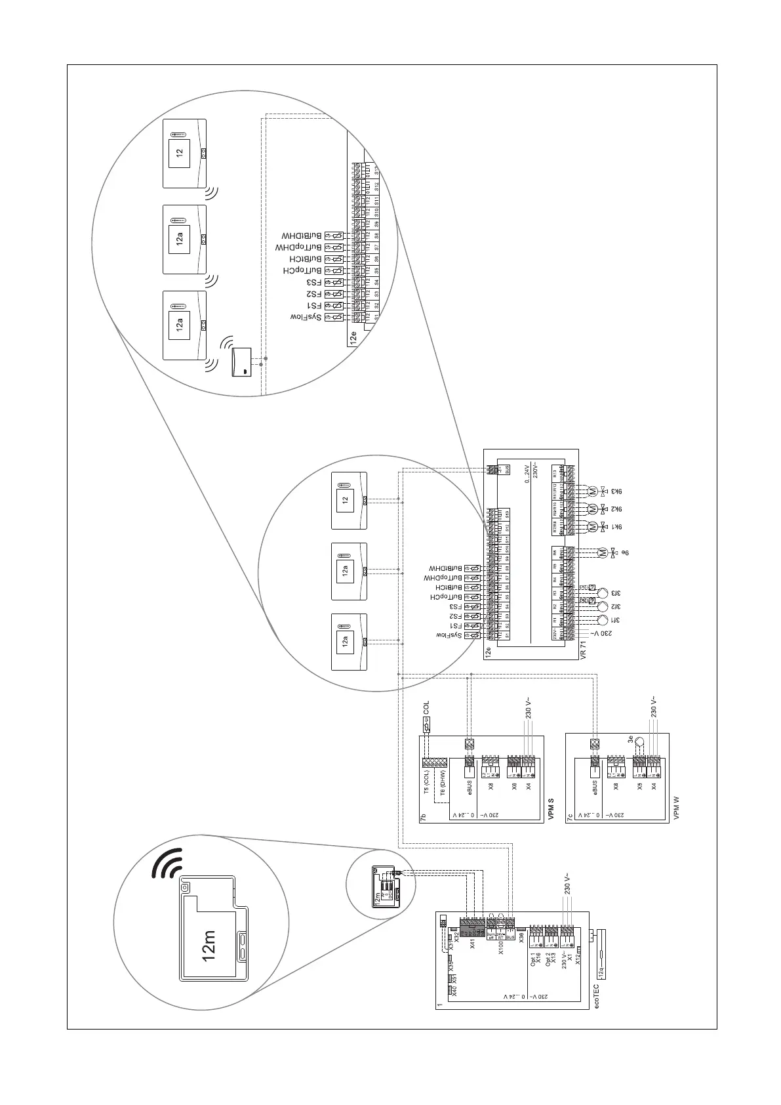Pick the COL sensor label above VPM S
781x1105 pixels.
pyautogui.click(x=426, y=707)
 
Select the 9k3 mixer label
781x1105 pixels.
pyautogui.click(x=616, y=490)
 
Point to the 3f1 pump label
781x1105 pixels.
pyautogui.click(x=616, y=619)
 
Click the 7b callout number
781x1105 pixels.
pyautogui.click(x=424, y=818)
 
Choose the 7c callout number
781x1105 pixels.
pyautogui.click(x=570, y=818)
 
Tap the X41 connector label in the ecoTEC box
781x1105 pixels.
pyautogui.click(x=473, y=944)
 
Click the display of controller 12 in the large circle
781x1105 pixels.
pyautogui.click(x=179, y=153)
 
